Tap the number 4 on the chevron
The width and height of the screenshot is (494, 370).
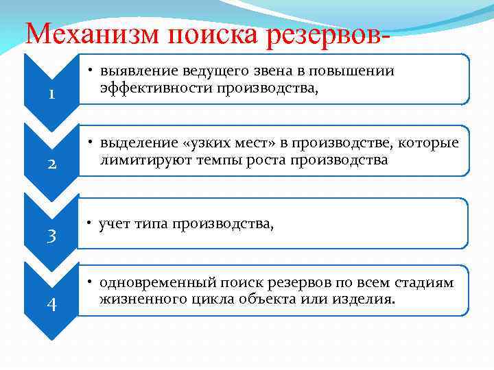coord(51,304)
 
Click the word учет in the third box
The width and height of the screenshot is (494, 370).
coord(113,224)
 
